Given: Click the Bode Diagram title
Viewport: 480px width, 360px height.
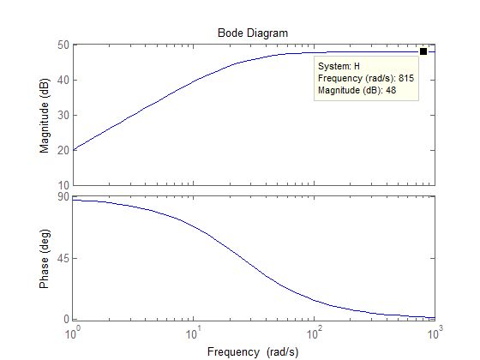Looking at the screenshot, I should [x=252, y=33].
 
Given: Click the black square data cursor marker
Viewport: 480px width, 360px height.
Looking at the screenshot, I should [x=423, y=51].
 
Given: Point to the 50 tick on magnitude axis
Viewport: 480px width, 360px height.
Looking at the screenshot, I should [x=63, y=45].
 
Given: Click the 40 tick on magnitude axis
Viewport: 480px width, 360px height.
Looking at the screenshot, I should [x=63, y=80].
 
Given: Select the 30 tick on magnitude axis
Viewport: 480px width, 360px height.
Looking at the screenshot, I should [x=63, y=115].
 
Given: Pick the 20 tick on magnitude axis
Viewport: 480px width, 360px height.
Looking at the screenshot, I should [x=63, y=150].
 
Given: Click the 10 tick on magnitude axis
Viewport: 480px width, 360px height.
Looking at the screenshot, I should [x=63, y=185].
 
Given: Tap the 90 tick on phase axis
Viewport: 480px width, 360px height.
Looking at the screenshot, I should [x=63, y=197].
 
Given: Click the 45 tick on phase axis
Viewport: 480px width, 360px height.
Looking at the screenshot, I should [x=63, y=258].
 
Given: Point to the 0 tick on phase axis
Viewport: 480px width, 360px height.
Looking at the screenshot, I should [x=66, y=319].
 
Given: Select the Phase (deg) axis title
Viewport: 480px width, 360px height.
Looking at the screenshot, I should [x=45, y=258].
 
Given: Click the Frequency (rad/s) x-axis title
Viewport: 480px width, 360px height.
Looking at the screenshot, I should [x=252, y=351].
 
